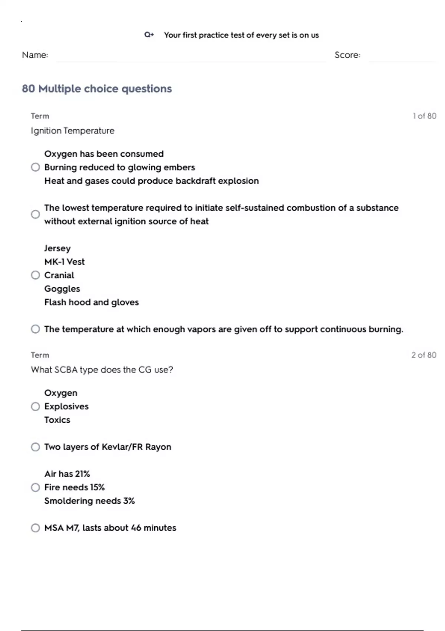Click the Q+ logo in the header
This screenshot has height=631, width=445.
(149, 35)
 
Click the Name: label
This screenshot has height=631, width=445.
(35, 55)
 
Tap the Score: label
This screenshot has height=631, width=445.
(347, 55)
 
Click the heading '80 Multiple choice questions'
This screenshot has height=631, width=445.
(97, 89)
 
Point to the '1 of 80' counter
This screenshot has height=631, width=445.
(424, 116)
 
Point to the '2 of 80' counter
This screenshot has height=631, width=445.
(423, 355)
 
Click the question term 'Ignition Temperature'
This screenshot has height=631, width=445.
(73, 131)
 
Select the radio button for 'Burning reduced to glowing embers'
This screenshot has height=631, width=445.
(35, 167)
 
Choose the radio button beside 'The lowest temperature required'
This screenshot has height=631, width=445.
(35, 215)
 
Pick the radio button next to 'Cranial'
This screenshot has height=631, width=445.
(35, 275)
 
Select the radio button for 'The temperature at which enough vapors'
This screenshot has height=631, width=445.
(35, 329)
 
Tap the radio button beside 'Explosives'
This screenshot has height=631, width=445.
(35, 406)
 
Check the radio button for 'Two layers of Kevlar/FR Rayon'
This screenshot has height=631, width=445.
(35, 447)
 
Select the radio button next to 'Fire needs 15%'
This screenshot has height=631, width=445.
(35, 487)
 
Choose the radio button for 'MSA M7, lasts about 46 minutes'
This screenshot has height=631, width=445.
(35, 528)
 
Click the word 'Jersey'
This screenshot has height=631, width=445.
(57, 248)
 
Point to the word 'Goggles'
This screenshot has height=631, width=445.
(62, 289)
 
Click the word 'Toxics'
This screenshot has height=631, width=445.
(57, 420)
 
